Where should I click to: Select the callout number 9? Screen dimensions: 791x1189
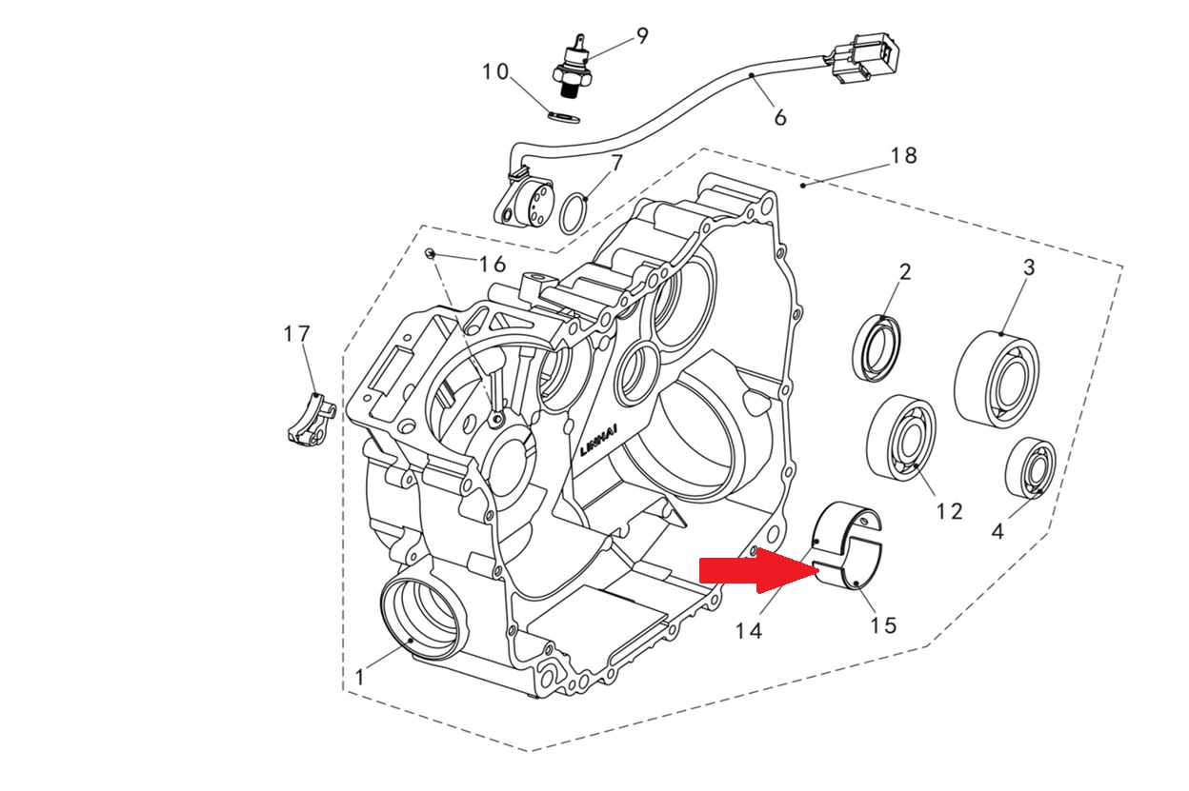(642, 36)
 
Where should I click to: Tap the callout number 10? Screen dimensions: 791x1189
(495, 72)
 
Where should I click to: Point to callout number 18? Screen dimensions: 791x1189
(903, 155)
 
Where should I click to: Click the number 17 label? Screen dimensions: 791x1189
(296, 334)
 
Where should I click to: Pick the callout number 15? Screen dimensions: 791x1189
(883, 625)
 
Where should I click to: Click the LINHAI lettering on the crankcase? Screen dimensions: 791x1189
(599, 439)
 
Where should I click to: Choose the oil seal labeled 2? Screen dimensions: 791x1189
(877, 348)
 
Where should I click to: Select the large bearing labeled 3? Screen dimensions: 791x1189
(996, 380)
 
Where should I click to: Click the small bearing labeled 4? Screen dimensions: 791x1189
(1031, 467)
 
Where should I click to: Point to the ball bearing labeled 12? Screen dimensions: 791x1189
(901, 438)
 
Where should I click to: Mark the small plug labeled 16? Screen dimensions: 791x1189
(431, 254)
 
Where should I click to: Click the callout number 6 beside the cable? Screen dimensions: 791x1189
(779, 117)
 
